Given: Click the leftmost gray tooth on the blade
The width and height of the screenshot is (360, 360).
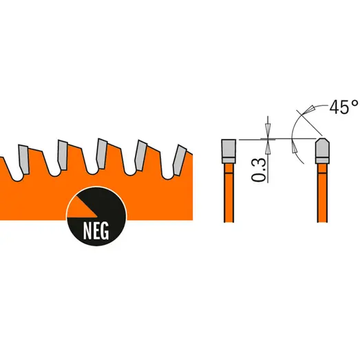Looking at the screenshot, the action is [23, 159].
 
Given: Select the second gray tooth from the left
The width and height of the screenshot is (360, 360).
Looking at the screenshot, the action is [63, 155].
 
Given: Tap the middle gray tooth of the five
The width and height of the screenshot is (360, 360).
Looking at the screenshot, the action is [101, 153].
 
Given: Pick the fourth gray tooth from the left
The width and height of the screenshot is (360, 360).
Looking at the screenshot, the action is [140, 156].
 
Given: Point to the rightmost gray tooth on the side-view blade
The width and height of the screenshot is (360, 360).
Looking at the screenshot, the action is [180, 160].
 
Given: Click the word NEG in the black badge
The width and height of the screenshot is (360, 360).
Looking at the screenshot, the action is [96, 231].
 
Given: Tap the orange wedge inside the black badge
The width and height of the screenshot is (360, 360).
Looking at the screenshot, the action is [81, 209].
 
